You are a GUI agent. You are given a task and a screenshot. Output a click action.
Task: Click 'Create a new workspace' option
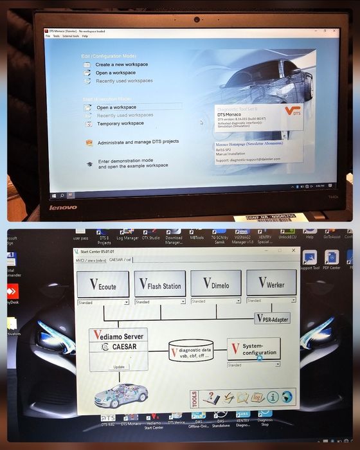(x=122, y=64)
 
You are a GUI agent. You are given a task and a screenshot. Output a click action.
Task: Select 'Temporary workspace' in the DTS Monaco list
(x=120, y=123)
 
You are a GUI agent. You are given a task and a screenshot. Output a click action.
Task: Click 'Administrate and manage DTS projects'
(x=138, y=141)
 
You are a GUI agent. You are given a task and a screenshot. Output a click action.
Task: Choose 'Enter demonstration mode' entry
(x=125, y=161)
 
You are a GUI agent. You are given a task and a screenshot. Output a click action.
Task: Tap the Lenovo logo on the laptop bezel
(x=63, y=207)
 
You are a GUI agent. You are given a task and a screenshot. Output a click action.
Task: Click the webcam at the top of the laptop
(x=197, y=19)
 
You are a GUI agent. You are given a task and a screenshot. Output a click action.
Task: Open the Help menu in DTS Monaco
(x=85, y=36)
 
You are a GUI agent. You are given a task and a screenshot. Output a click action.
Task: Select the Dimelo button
(x=216, y=283)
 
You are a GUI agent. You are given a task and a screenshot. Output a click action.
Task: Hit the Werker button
(x=271, y=283)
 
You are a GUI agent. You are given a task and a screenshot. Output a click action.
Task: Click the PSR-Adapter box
(x=272, y=318)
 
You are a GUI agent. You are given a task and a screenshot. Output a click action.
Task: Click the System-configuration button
(x=253, y=350)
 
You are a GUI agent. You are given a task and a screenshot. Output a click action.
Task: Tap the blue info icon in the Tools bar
(x=273, y=397)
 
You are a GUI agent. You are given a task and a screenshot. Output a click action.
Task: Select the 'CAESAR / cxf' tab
(x=120, y=260)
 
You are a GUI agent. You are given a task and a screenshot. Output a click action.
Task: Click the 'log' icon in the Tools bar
(x=258, y=397)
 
